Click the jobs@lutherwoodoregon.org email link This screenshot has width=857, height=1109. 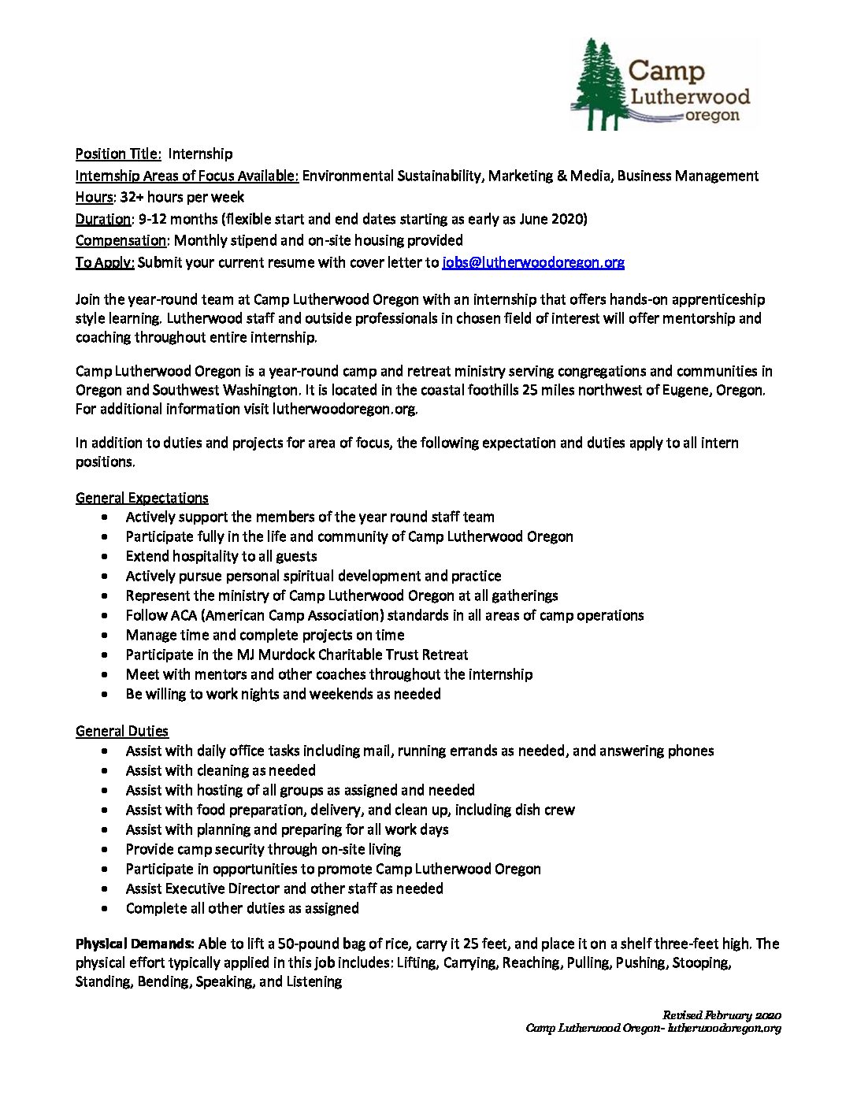pos(533,262)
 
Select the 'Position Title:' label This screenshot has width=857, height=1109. pos(118,154)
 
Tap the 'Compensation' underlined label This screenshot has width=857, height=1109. pos(121,240)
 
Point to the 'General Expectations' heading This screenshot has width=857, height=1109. pos(142,498)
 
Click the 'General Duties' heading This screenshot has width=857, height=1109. pos(122,731)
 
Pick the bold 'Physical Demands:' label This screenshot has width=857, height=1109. pos(135,944)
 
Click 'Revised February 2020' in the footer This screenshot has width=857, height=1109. pos(722,1015)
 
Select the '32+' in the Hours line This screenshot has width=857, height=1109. pos(132,197)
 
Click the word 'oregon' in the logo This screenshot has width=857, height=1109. pos(712,116)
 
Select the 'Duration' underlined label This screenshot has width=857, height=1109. pos(103,219)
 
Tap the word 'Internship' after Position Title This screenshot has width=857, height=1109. pos(200,154)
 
